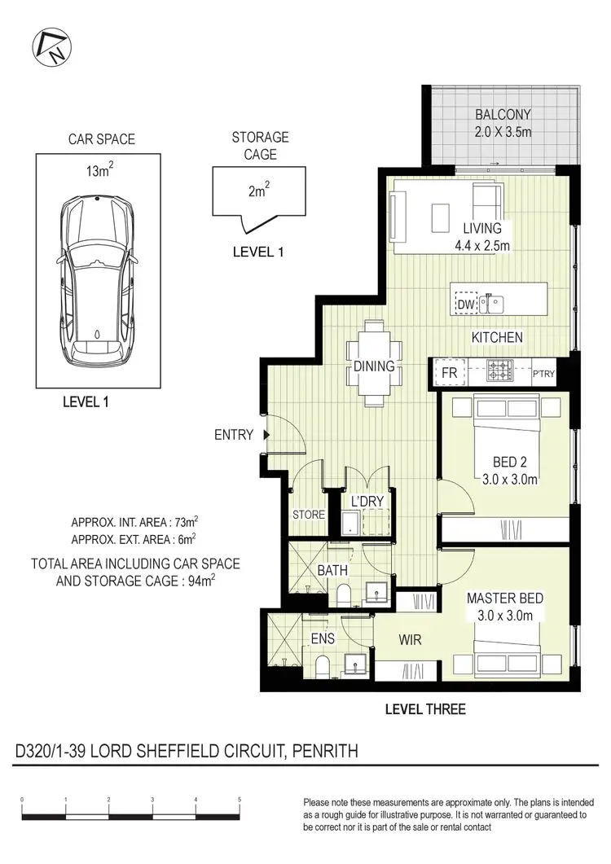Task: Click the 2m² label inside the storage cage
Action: (x=258, y=192)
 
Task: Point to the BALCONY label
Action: (x=503, y=115)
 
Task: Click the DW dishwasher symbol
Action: (x=465, y=304)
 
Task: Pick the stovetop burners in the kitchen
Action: (x=499, y=371)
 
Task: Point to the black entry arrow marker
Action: (x=266, y=436)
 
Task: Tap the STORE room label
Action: (x=309, y=515)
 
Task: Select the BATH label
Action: (x=332, y=570)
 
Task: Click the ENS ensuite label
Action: (x=323, y=639)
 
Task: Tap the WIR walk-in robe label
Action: (x=410, y=640)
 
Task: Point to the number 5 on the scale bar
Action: (x=240, y=800)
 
